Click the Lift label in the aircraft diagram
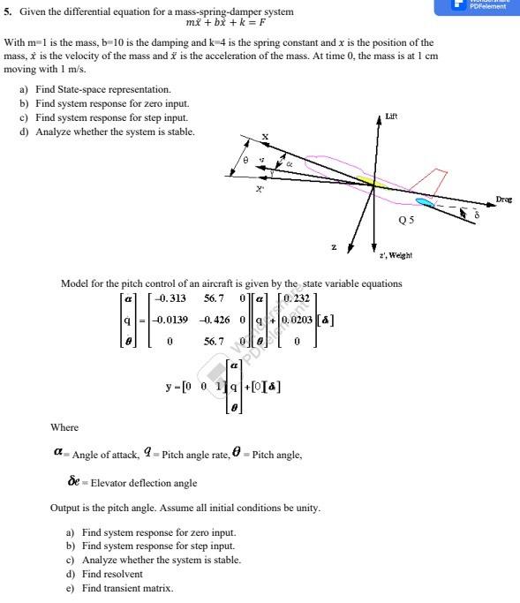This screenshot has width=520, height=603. (x=391, y=116)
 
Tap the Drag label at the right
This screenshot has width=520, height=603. (x=504, y=200)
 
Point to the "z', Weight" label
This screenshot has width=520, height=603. (x=394, y=254)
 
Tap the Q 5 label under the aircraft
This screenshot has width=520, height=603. (x=406, y=219)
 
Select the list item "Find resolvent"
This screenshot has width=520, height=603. (x=113, y=574)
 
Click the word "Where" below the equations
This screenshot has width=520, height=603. (x=64, y=427)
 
